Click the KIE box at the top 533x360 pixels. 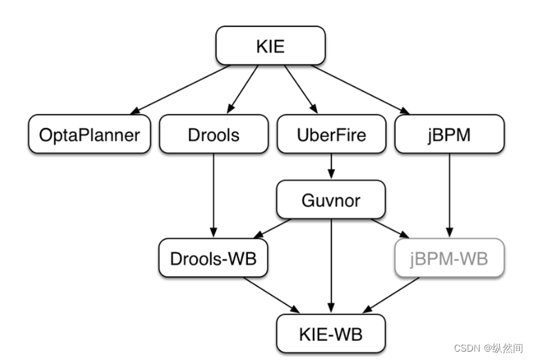270,46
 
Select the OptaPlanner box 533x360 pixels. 89,134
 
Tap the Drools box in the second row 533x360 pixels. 213,134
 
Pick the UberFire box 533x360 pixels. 331,134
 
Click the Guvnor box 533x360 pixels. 331,200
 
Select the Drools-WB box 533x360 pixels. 213,259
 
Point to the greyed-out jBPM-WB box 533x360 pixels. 449,259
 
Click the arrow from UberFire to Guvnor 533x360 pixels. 331,166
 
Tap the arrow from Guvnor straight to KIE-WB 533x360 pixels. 331,263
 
